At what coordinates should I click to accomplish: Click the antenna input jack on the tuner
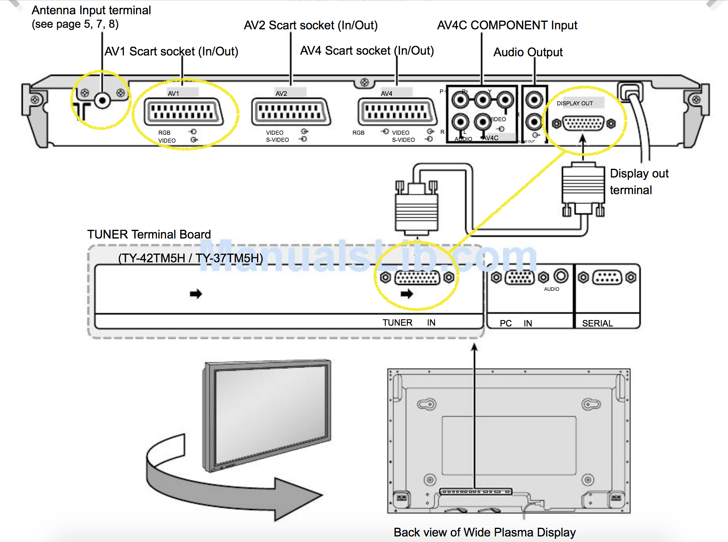(103, 101)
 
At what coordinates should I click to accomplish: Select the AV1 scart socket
(183, 112)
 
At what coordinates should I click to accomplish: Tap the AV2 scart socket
(291, 112)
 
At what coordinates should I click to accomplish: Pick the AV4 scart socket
(397, 112)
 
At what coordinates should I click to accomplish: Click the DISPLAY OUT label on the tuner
(575, 103)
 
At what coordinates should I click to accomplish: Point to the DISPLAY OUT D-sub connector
(583, 124)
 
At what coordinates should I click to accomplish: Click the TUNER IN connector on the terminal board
(417, 277)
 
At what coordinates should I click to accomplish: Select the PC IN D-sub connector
(520, 277)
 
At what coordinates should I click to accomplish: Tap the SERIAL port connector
(607, 277)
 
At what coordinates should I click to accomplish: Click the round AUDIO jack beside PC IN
(561, 276)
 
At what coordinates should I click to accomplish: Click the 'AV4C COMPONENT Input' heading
(507, 25)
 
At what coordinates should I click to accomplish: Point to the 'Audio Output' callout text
(528, 52)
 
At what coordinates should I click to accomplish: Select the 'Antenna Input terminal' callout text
(91, 10)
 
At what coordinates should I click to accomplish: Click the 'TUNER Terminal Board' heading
(149, 235)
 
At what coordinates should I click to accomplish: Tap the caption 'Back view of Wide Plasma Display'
(484, 532)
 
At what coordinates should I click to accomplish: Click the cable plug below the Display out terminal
(583, 186)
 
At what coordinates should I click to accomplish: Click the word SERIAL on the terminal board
(597, 323)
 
